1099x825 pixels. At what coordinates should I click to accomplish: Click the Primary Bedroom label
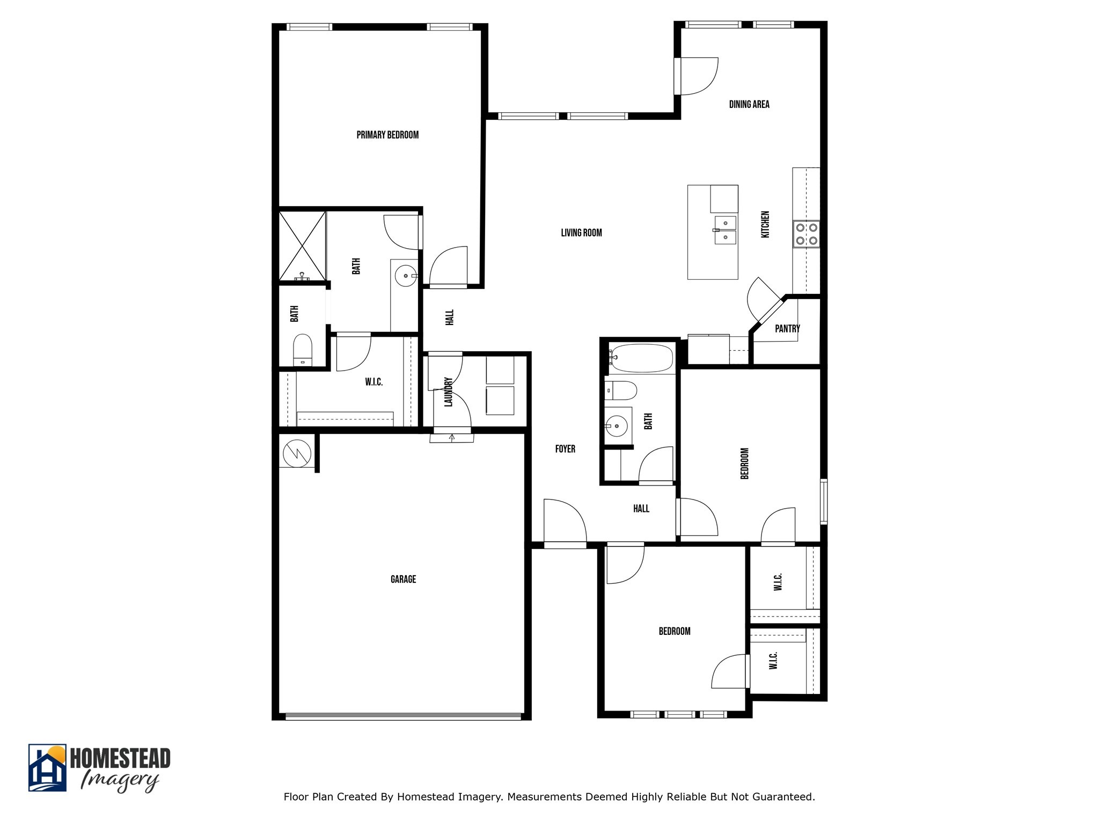[x=387, y=135]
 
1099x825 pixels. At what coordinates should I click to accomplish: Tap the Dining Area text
[x=749, y=104]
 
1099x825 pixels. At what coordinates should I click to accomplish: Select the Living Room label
[x=581, y=233]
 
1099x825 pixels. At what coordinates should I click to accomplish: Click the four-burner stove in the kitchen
[x=807, y=234]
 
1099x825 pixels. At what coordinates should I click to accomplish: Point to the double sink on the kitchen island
[x=725, y=230]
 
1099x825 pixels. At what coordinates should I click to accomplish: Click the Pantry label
[x=787, y=329]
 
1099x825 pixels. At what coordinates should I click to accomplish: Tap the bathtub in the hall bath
[x=641, y=359]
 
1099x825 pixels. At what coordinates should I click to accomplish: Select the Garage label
[x=403, y=579]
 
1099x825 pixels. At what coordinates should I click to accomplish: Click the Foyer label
[x=565, y=449]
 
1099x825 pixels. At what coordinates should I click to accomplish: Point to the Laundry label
[x=449, y=392]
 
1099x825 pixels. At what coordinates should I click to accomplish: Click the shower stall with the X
[x=303, y=245]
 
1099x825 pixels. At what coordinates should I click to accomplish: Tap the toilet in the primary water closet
[x=303, y=349]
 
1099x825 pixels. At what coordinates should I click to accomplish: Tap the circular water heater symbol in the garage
[x=297, y=453]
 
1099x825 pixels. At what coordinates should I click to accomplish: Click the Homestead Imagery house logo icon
[x=47, y=768]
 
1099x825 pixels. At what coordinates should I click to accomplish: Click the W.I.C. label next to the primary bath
[x=373, y=382]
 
